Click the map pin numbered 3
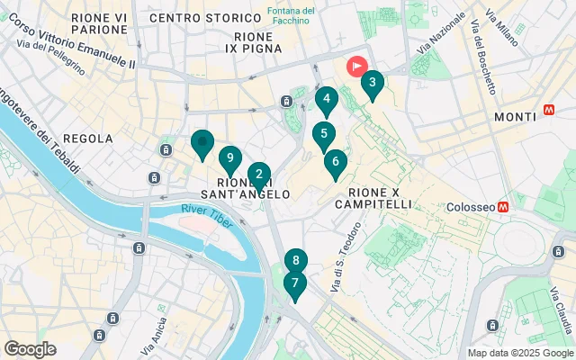tap(372, 85)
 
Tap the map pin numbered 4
tap(326, 100)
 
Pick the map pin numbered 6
tap(335, 163)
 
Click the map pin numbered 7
tap(293, 283)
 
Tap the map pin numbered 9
tap(230, 159)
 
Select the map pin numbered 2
tap(258, 175)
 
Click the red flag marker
tap(358, 66)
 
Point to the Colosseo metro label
tap(472, 206)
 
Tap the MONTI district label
tap(517, 117)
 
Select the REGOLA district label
tap(90, 139)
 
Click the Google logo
tap(30, 349)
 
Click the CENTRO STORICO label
tap(193, 18)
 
